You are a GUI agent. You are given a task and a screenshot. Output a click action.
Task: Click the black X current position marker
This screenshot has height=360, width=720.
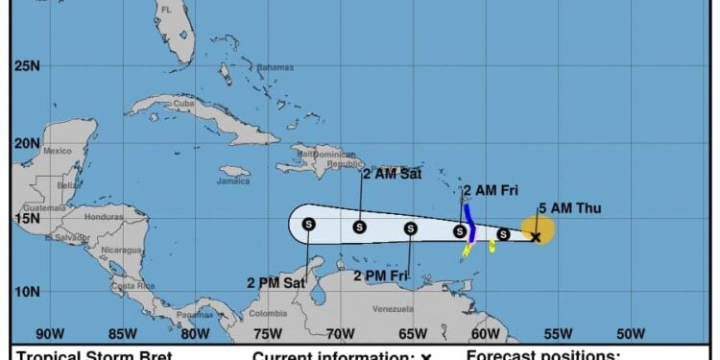tap(536, 236)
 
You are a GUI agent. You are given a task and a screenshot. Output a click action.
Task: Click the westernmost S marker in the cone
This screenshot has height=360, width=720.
tap(308, 224)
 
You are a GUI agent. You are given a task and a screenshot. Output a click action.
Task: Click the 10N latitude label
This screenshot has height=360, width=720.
tap(27, 292)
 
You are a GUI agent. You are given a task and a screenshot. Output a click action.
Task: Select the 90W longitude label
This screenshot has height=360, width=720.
tap(50, 334)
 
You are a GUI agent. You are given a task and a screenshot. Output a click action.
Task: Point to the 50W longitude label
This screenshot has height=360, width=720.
tap(631, 334)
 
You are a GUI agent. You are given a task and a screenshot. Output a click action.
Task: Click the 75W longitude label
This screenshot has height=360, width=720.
tap(267, 334)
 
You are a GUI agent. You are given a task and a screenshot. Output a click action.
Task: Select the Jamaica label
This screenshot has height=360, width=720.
tap(233, 180)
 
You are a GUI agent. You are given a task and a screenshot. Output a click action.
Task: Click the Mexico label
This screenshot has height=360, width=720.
tap(57, 151)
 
